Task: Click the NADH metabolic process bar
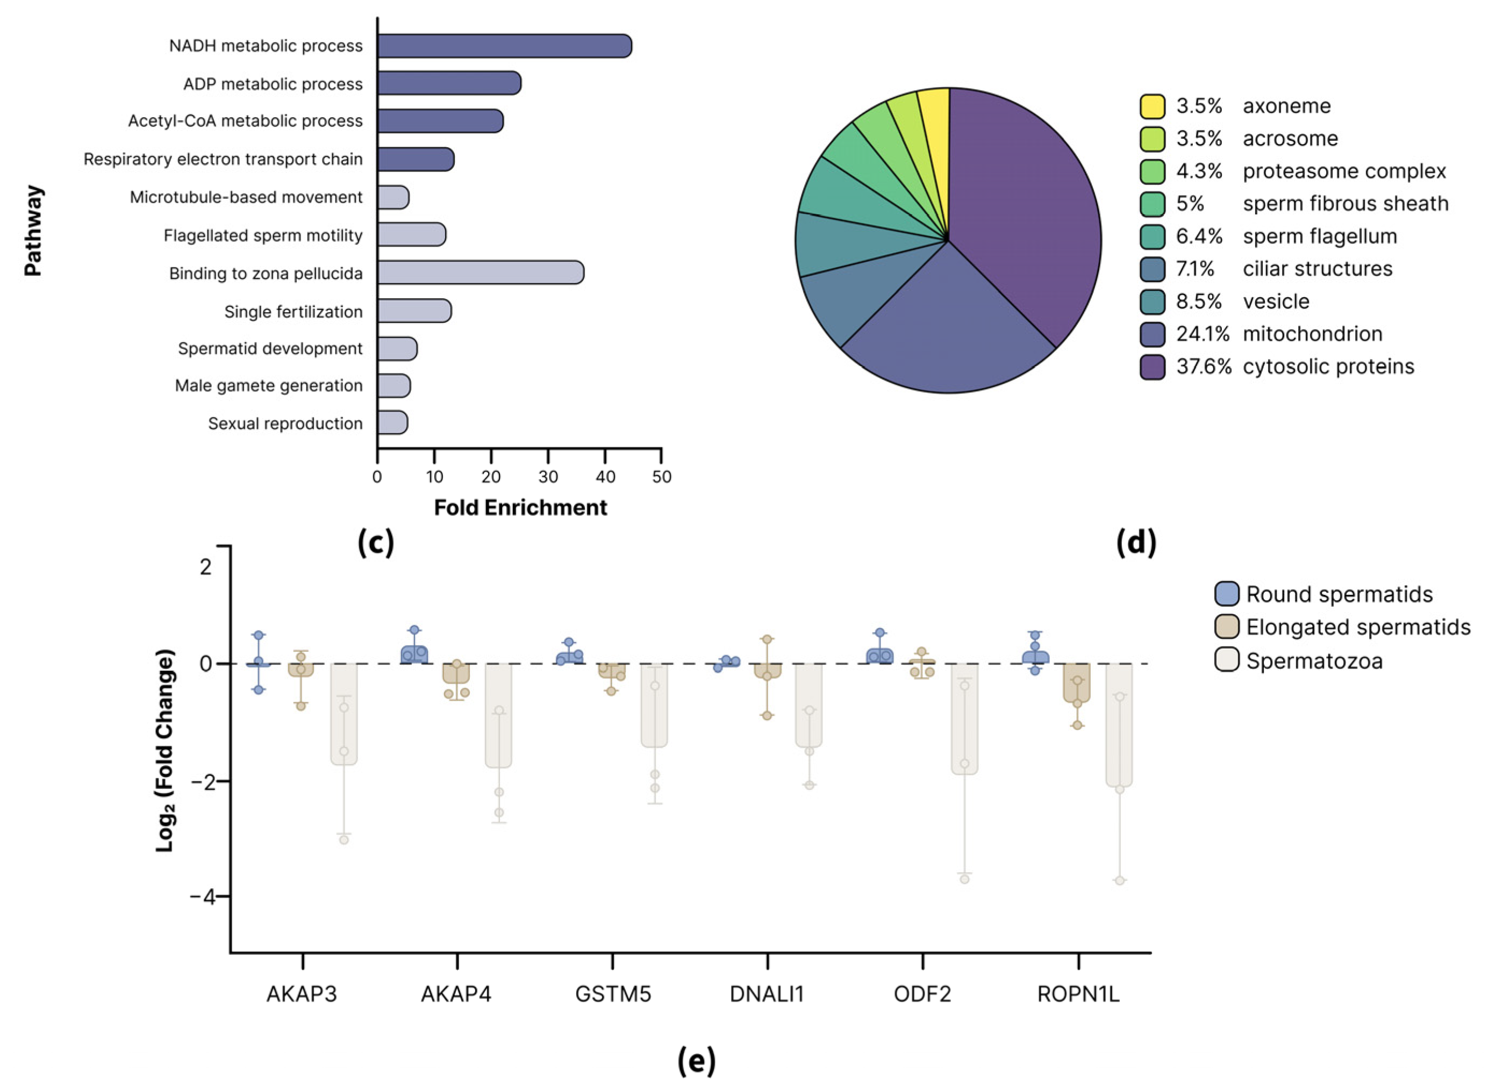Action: (x=504, y=46)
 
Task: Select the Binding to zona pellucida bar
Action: (x=481, y=272)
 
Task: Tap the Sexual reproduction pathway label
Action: (x=285, y=423)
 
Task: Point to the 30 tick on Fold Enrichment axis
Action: (x=548, y=477)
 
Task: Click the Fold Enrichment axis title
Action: (x=520, y=508)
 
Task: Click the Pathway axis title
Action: (x=33, y=230)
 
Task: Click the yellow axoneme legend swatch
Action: (x=1153, y=106)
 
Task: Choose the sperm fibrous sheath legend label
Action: (x=1345, y=204)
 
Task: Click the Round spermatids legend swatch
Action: (x=1227, y=594)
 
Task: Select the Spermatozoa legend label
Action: (x=1314, y=660)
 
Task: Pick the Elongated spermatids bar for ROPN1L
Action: (x=1077, y=682)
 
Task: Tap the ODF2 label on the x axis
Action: (x=922, y=994)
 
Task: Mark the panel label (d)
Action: (x=1136, y=542)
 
